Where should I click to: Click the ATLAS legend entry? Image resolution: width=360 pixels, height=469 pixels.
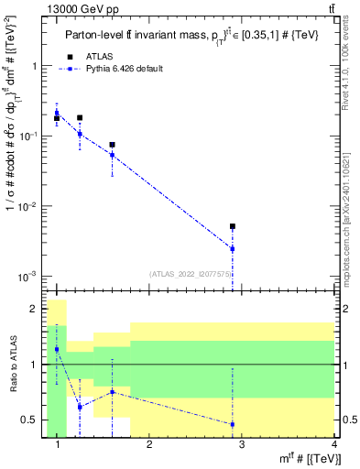point(101,55)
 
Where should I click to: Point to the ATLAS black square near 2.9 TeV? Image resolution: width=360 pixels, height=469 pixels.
point(233,226)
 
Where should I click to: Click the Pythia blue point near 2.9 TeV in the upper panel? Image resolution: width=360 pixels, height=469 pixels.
point(233,248)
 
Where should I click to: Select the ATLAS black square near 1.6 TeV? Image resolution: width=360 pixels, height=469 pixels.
point(112,145)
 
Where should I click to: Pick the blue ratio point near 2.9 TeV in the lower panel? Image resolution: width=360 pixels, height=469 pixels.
point(233,424)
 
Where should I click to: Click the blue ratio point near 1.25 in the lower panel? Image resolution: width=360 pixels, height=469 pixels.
point(80,406)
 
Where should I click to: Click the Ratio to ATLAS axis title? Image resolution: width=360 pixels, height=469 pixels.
point(12,365)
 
